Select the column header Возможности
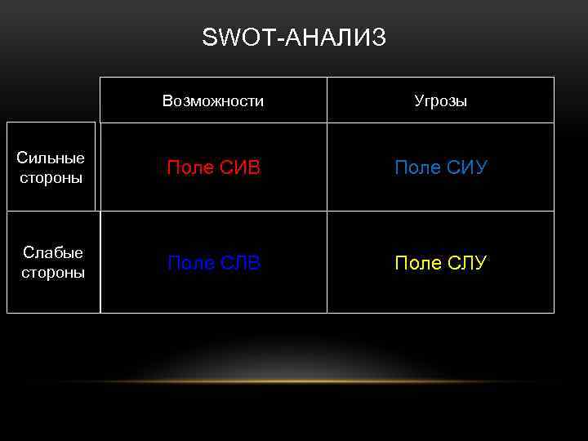tap(213, 101)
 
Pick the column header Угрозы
tap(441, 101)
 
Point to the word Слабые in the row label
tap(52, 253)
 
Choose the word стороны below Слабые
tap(52, 273)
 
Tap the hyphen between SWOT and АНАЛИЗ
tap(281, 38)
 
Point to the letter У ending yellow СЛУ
tap(480, 263)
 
